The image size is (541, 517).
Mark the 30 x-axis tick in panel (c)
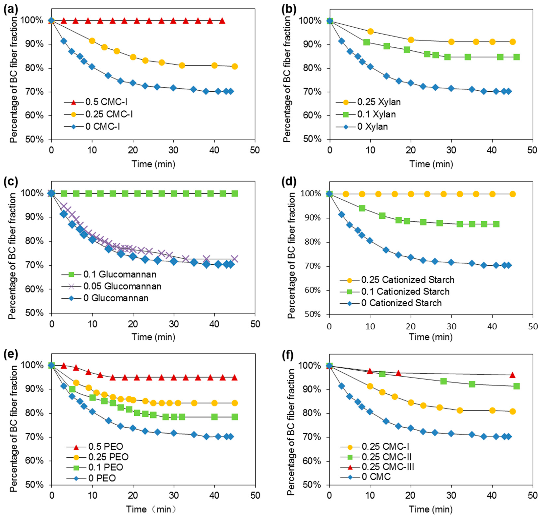pyautogui.click(x=174, y=324)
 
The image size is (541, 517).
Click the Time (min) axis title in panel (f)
pyautogui.click(x=431, y=509)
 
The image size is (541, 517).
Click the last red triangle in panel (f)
pyautogui.click(x=512, y=375)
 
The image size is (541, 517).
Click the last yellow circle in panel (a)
pyautogui.click(x=235, y=66)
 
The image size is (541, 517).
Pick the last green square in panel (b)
pyautogui.click(x=517, y=57)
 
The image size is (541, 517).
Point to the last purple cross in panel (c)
pyautogui.click(x=235, y=258)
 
